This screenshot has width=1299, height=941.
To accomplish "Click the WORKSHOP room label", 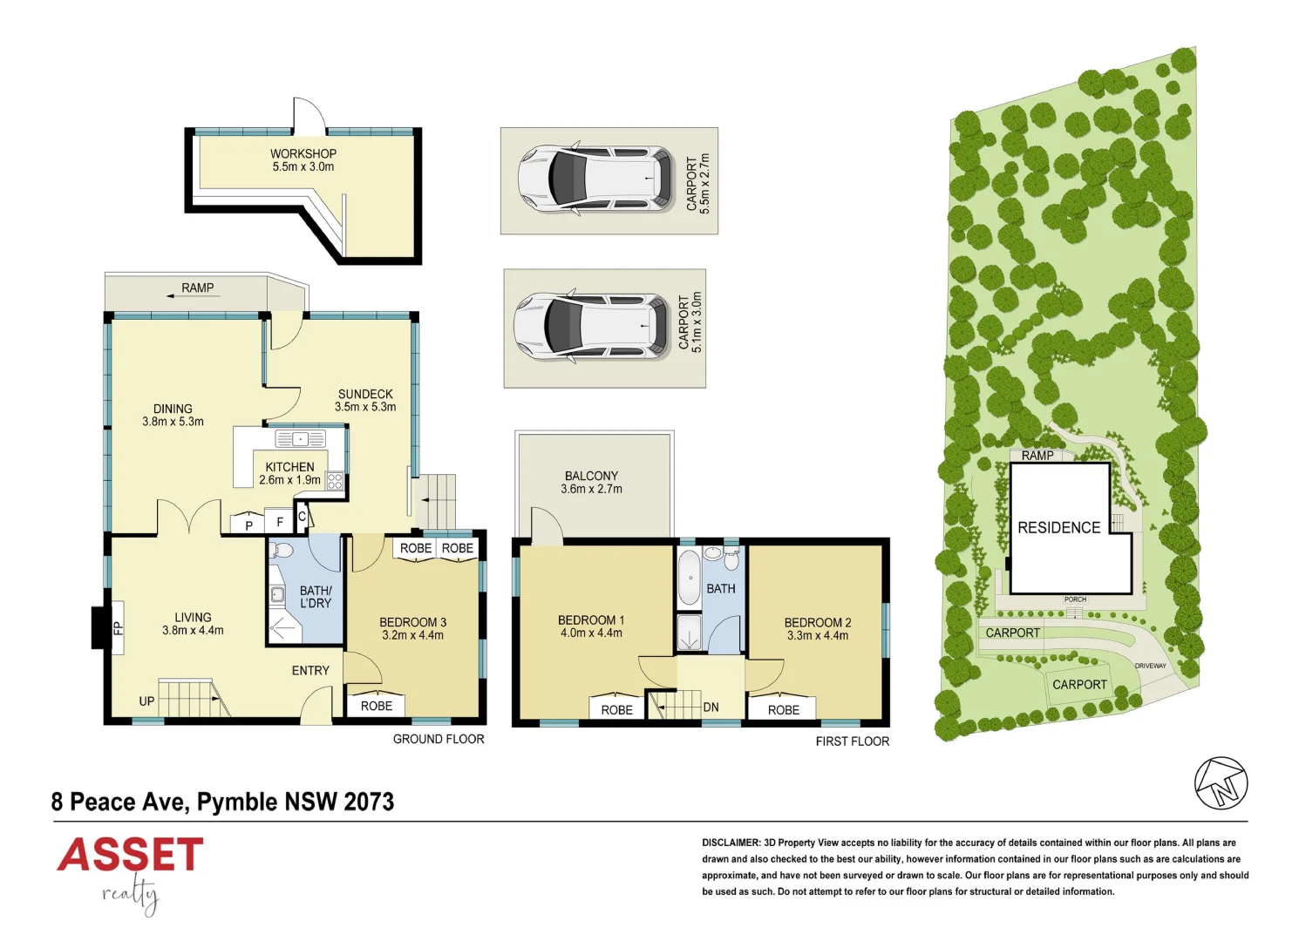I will [303, 153].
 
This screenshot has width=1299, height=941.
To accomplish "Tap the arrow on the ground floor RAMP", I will [192, 297].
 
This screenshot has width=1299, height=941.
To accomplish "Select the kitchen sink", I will [300, 438].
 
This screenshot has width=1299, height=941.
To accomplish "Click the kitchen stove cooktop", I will [335, 482].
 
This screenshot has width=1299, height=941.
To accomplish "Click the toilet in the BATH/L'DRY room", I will [282, 551].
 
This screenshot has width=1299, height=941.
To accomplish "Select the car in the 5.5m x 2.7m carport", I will [595, 179].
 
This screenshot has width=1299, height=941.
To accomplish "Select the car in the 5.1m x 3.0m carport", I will [590, 327].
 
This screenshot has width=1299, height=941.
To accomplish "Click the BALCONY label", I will [591, 476].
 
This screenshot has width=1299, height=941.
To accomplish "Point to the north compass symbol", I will [1221, 782].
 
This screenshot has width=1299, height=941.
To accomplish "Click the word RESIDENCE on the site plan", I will [1058, 528].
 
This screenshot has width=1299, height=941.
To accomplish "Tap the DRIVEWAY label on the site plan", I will [1150, 666].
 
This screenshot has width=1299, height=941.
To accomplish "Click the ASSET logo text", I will [131, 855].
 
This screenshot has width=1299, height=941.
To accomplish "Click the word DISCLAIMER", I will [731, 843].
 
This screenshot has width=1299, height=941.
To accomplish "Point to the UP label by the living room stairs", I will [146, 701].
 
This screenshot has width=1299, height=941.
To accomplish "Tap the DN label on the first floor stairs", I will [711, 707].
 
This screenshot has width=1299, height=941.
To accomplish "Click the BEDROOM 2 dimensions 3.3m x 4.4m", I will [817, 636].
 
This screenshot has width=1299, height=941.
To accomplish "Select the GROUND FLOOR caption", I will [438, 739].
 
